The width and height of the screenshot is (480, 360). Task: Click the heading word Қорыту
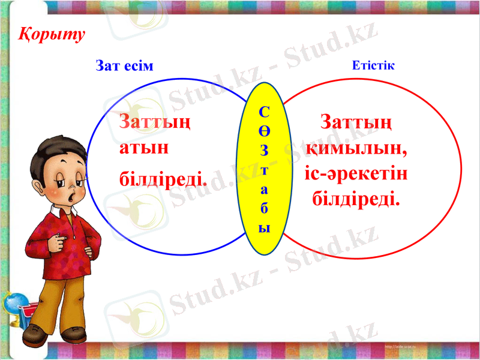coord(50,34)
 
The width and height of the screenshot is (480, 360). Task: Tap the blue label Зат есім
coord(125,65)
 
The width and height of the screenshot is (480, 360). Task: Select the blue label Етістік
coord(373,65)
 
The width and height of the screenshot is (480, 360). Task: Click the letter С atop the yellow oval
coord(266,111)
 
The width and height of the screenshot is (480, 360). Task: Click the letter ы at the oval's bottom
coord(265,228)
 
